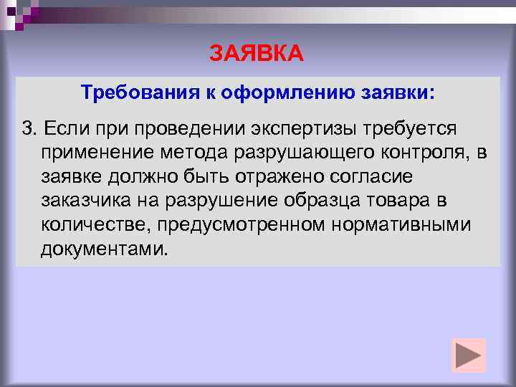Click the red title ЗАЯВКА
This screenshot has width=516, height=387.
257,53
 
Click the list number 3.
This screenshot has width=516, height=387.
28,128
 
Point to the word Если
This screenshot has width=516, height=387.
63,128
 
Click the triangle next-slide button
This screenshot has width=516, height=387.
469,355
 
